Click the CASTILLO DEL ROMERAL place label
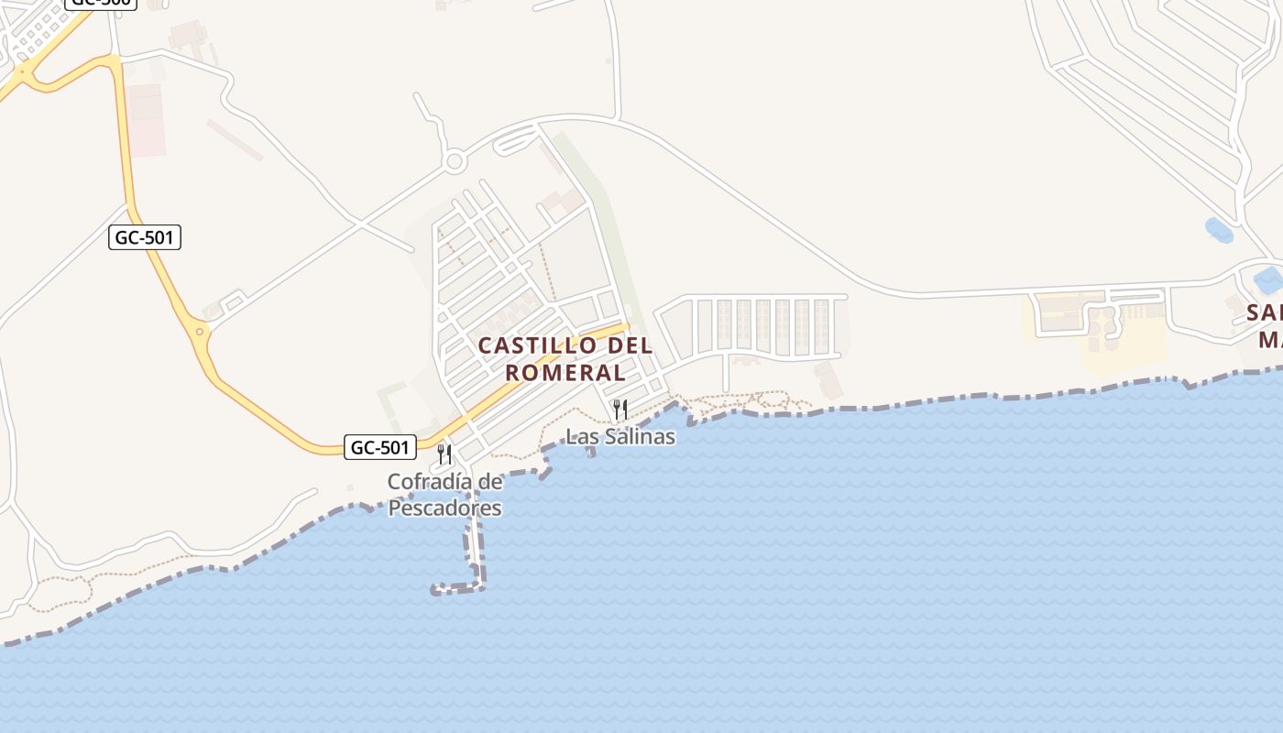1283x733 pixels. pyautogui.click(x=565, y=359)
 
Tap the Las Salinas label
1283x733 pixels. pyautogui.click(x=620, y=436)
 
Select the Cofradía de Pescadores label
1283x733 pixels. pyautogui.click(x=445, y=494)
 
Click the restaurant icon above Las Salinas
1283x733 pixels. pyautogui.click(x=620, y=409)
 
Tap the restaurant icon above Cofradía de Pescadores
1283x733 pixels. pyautogui.click(x=444, y=454)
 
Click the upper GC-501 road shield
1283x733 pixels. pyautogui.click(x=145, y=238)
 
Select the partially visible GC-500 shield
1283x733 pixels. pyautogui.click(x=101, y=3)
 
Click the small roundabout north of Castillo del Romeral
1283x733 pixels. pyautogui.click(x=454, y=163)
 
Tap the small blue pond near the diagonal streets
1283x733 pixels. pyautogui.click(x=1219, y=231)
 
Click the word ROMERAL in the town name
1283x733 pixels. pyautogui.click(x=565, y=373)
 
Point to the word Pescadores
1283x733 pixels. pyautogui.click(x=445, y=508)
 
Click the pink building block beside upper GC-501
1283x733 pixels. pyautogui.click(x=147, y=119)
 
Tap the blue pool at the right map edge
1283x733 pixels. pyautogui.click(x=1269, y=279)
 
